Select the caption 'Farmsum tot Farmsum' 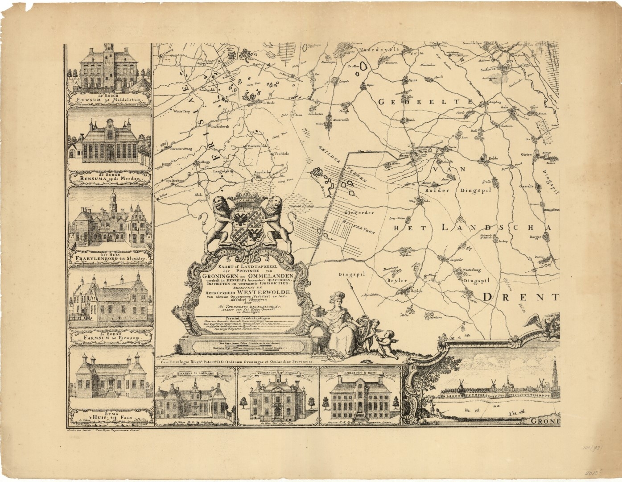tap(110, 339)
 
